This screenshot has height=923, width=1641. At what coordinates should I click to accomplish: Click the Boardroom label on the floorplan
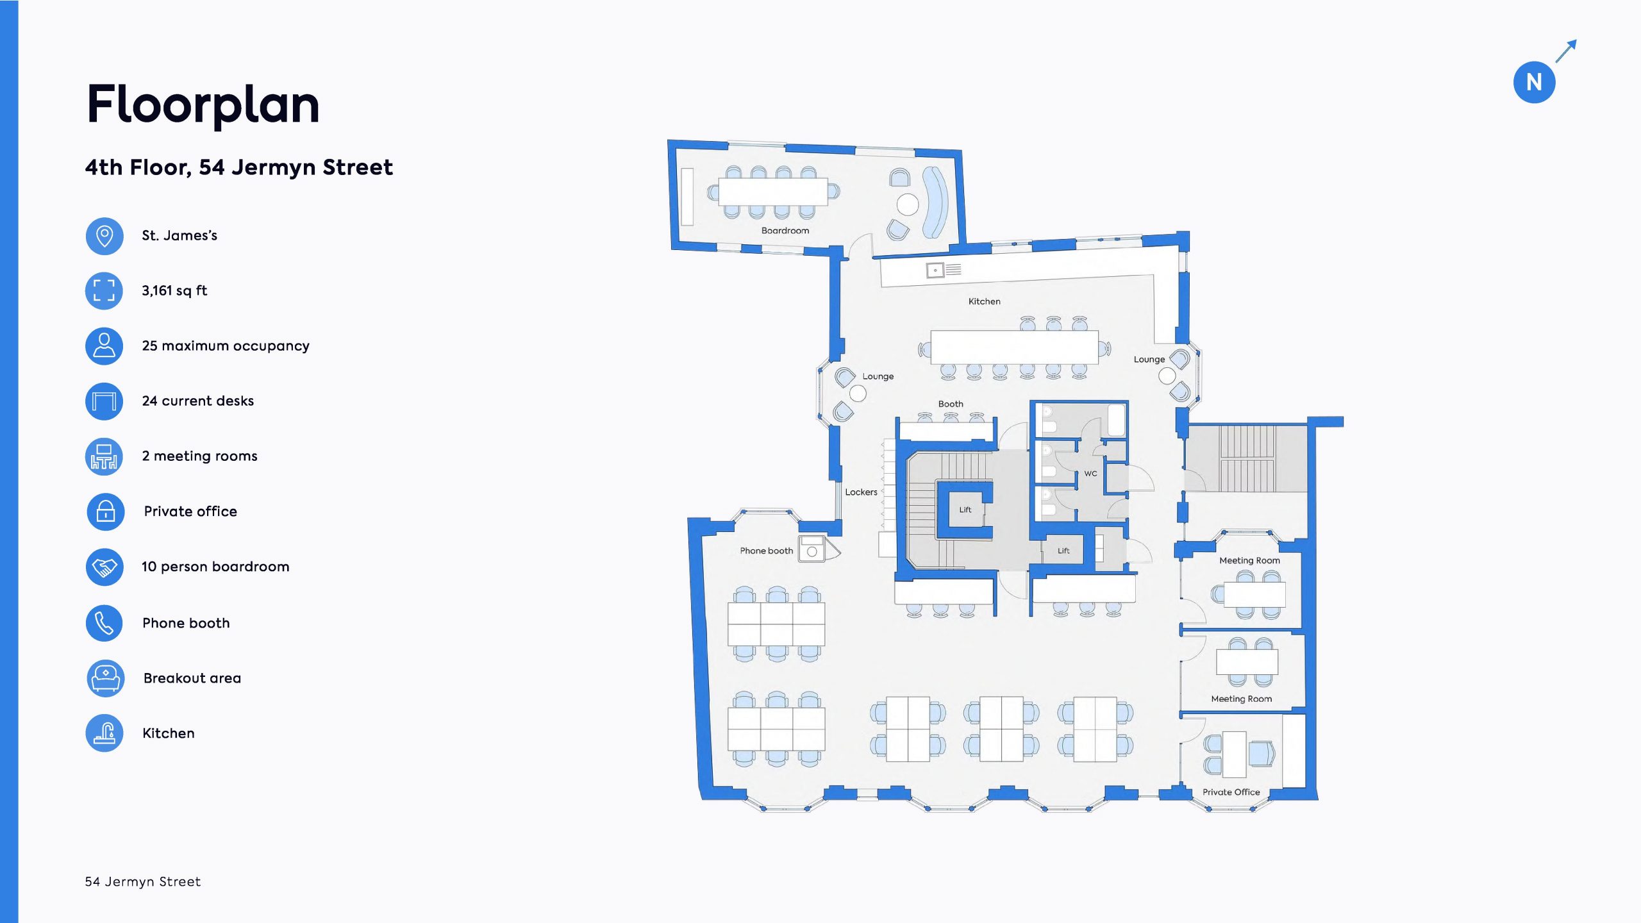click(x=785, y=231)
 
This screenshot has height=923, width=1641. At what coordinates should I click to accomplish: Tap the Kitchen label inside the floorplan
click(x=984, y=301)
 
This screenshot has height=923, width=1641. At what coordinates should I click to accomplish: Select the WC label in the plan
click(x=1090, y=474)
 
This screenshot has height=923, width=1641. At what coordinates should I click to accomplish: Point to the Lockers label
click(x=861, y=492)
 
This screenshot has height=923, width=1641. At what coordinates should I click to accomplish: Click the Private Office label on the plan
click(x=1231, y=792)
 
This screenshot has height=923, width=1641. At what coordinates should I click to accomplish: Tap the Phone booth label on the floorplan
click(x=766, y=551)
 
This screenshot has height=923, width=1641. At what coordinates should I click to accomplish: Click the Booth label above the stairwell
click(x=951, y=404)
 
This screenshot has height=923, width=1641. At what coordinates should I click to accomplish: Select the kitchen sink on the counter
click(x=935, y=270)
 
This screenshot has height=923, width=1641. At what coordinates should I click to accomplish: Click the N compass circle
click(x=1534, y=82)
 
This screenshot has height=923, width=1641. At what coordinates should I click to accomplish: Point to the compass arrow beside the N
click(x=1566, y=51)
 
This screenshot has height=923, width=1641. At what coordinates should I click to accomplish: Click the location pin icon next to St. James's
click(x=104, y=236)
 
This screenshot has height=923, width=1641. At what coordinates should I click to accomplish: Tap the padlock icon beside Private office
click(x=105, y=511)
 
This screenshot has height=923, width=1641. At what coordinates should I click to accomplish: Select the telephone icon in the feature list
click(x=104, y=623)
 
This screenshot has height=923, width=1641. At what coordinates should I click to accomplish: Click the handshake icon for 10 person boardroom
click(x=104, y=567)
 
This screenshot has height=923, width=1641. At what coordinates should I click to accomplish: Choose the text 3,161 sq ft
click(x=174, y=291)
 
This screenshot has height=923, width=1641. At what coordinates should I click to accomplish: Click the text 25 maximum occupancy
click(x=226, y=346)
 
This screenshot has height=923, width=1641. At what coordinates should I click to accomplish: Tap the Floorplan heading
click(x=203, y=104)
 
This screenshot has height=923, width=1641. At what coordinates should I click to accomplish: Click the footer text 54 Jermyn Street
click(x=143, y=882)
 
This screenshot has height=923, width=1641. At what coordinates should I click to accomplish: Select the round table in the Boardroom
click(x=907, y=204)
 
